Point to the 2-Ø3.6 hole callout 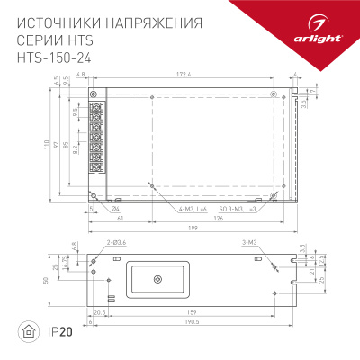click(96, 242)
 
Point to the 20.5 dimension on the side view click(100, 312)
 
